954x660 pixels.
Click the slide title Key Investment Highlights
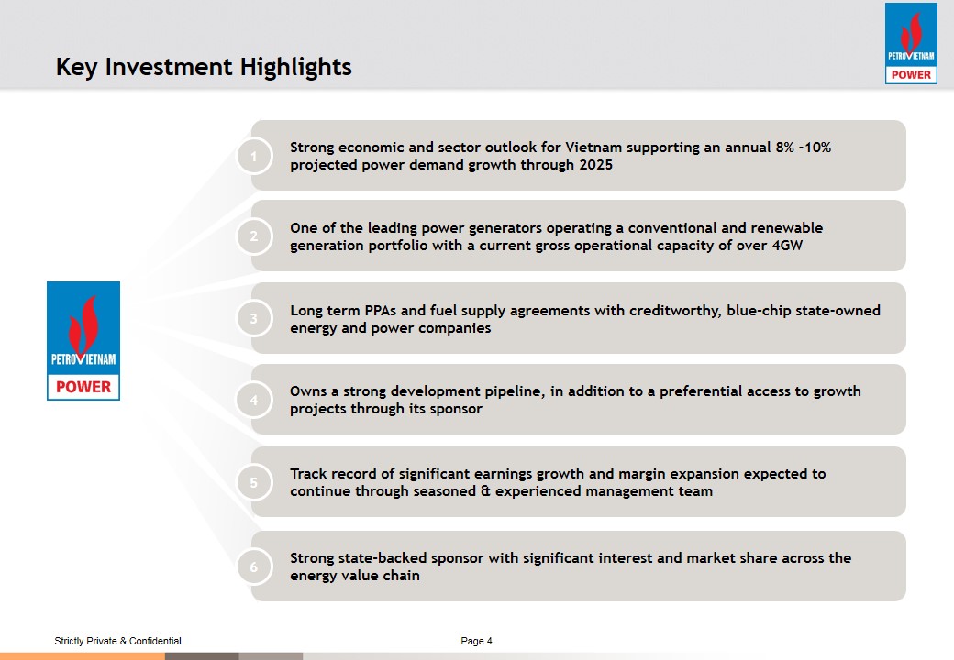point(204,67)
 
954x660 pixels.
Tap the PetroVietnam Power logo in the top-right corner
point(911,43)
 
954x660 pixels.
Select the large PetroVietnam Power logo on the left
point(83,341)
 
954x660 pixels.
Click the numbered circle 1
point(254,156)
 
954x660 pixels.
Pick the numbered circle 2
point(254,236)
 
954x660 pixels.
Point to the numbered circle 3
point(254,318)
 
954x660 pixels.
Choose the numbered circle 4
point(254,400)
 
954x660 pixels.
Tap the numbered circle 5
point(254,482)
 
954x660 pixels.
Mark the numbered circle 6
point(254,567)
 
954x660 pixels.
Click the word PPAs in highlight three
point(381,310)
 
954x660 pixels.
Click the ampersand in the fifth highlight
point(485,491)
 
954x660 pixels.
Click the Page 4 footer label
point(476,641)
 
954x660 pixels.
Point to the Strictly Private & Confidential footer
point(118,641)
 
